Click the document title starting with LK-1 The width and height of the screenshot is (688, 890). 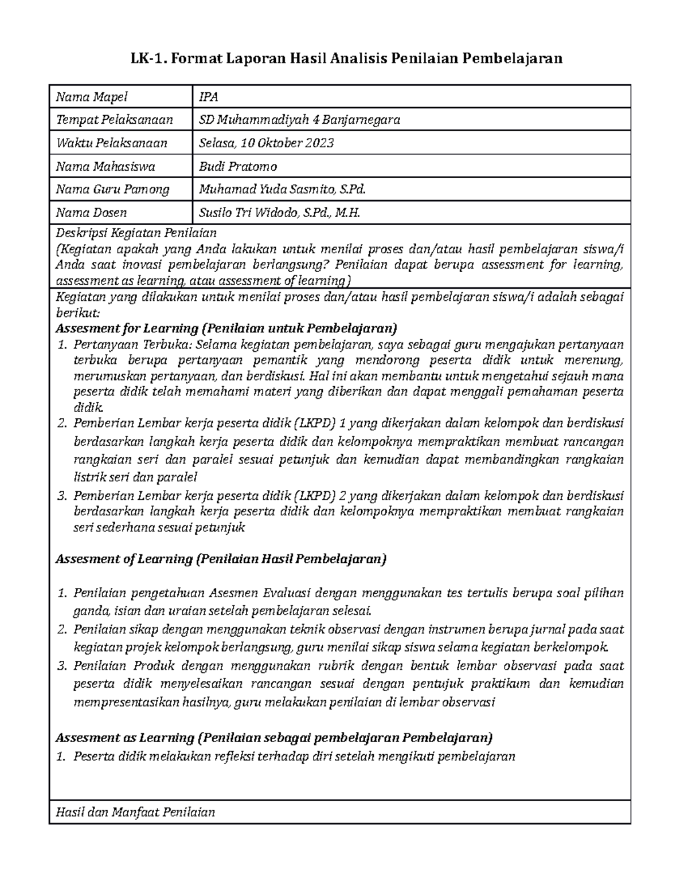tap(344, 58)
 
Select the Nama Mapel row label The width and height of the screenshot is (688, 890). tap(91, 97)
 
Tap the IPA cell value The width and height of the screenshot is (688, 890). tap(208, 97)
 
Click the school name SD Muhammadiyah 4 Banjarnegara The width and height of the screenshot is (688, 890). tap(299, 120)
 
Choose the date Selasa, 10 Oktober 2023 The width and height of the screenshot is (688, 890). tap(266, 143)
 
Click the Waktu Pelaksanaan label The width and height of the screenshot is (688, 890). tap(111, 143)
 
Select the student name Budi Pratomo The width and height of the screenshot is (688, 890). tap(237, 167)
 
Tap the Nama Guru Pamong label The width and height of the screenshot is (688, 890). tap(112, 190)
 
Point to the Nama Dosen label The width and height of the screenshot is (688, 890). tap(91, 213)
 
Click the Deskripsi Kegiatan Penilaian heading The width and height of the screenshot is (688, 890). tap(136, 233)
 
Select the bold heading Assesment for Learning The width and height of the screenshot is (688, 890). tap(225, 329)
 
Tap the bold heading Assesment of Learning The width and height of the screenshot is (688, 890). tap(221, 559)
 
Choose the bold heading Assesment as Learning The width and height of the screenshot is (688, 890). tap(273, 738)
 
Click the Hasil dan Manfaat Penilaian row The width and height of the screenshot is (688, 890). tap(135, 812)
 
